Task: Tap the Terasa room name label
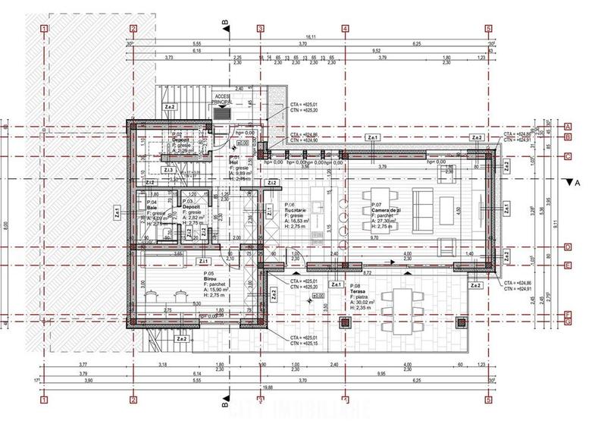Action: click(358, 290)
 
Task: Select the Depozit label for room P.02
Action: click(180, 141)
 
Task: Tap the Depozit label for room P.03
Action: click(191, 206)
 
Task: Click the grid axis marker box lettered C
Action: click(567, 157)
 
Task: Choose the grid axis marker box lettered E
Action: click(567, 265)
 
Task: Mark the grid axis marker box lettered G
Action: click(567, 322)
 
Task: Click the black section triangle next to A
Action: click(568, 183)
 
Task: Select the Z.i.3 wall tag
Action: click(169, 169)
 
